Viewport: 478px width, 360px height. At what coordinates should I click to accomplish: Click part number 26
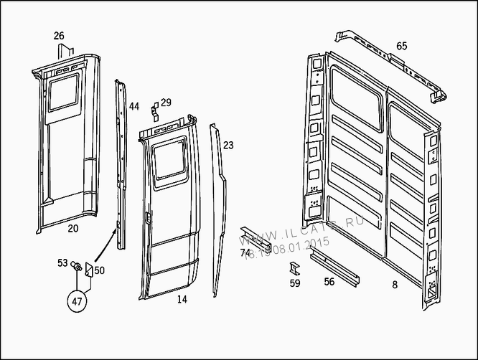click(x=59, y=36)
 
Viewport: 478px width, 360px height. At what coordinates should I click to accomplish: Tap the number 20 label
click(x=72, y=229)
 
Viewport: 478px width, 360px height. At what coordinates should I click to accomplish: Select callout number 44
click(x=134, y=107)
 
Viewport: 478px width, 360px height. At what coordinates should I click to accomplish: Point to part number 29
click(x=166, y=103)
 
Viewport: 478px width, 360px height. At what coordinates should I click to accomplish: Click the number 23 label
click(x=228, y=146)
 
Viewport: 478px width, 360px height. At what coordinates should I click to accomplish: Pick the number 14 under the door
click(x=182, y=299)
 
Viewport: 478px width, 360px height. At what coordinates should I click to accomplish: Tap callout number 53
click(x=62, y=263)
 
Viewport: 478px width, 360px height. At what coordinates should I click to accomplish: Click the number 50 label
click(x=99, y=270)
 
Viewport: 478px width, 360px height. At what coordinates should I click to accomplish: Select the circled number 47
click(x=77, y=301)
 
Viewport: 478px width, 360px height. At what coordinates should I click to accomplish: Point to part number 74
click(x=245, y=252)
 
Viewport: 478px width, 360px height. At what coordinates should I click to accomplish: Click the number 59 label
click(x=295, y=283)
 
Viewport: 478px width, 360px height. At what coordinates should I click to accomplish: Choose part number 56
click(x=329, y=282)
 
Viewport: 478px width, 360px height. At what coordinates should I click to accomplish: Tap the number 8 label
click(x=394, y=285)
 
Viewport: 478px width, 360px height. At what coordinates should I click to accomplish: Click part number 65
click(x=401, y=46)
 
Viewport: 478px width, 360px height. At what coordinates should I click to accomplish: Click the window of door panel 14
click(x=171, y=162)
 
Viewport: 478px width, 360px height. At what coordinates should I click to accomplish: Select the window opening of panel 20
click(x=63, y=94)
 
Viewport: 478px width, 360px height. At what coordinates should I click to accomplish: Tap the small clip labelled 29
click(x=154, y=110)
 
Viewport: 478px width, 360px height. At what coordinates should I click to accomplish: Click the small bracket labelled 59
click(x=294, y=268)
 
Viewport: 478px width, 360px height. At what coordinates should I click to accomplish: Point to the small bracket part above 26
click(x=65, y=52)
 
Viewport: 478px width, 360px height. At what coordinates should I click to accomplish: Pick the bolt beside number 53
click(x=75, y=268)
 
